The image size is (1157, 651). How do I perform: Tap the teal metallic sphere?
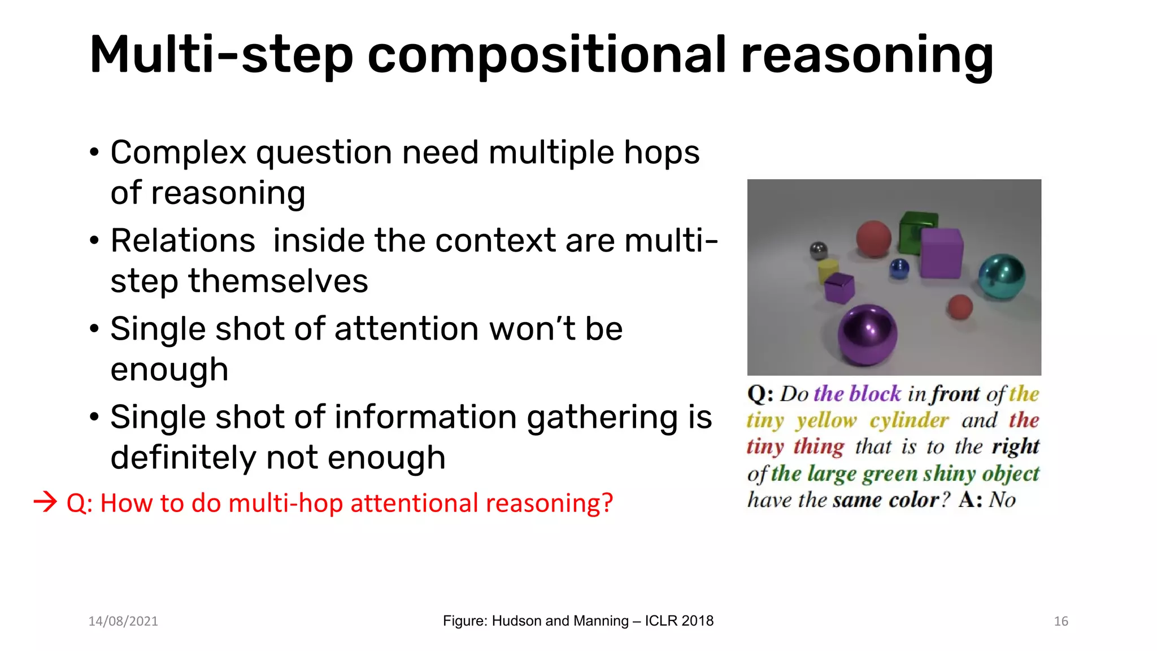pyautogui.click(x=1001, y=276)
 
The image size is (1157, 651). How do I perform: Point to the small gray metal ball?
pyautogui.click(x=819, y=250)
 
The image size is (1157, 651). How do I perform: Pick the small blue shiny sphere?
pyautogui.click(x=899, y=268)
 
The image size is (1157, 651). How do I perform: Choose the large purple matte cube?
pyautogui.click(x=941, y=253)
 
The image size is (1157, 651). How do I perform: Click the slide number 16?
pyautogui.click(x=1061, y=621)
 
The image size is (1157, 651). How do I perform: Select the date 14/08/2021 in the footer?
pyautogui.click(x=123, y=621)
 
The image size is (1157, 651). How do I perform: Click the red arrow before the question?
pyautogui.click(x=45, y=502)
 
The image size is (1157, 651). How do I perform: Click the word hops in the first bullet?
pyautogui.click(x=662, y=153)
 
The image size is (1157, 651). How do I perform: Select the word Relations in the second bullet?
pyautogui.click(x=182, y=241)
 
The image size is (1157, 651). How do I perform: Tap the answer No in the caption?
pyautogui.click(x=1002, y=500)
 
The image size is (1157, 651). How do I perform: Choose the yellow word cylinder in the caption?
pyautogui.click(x=909, y=420)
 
